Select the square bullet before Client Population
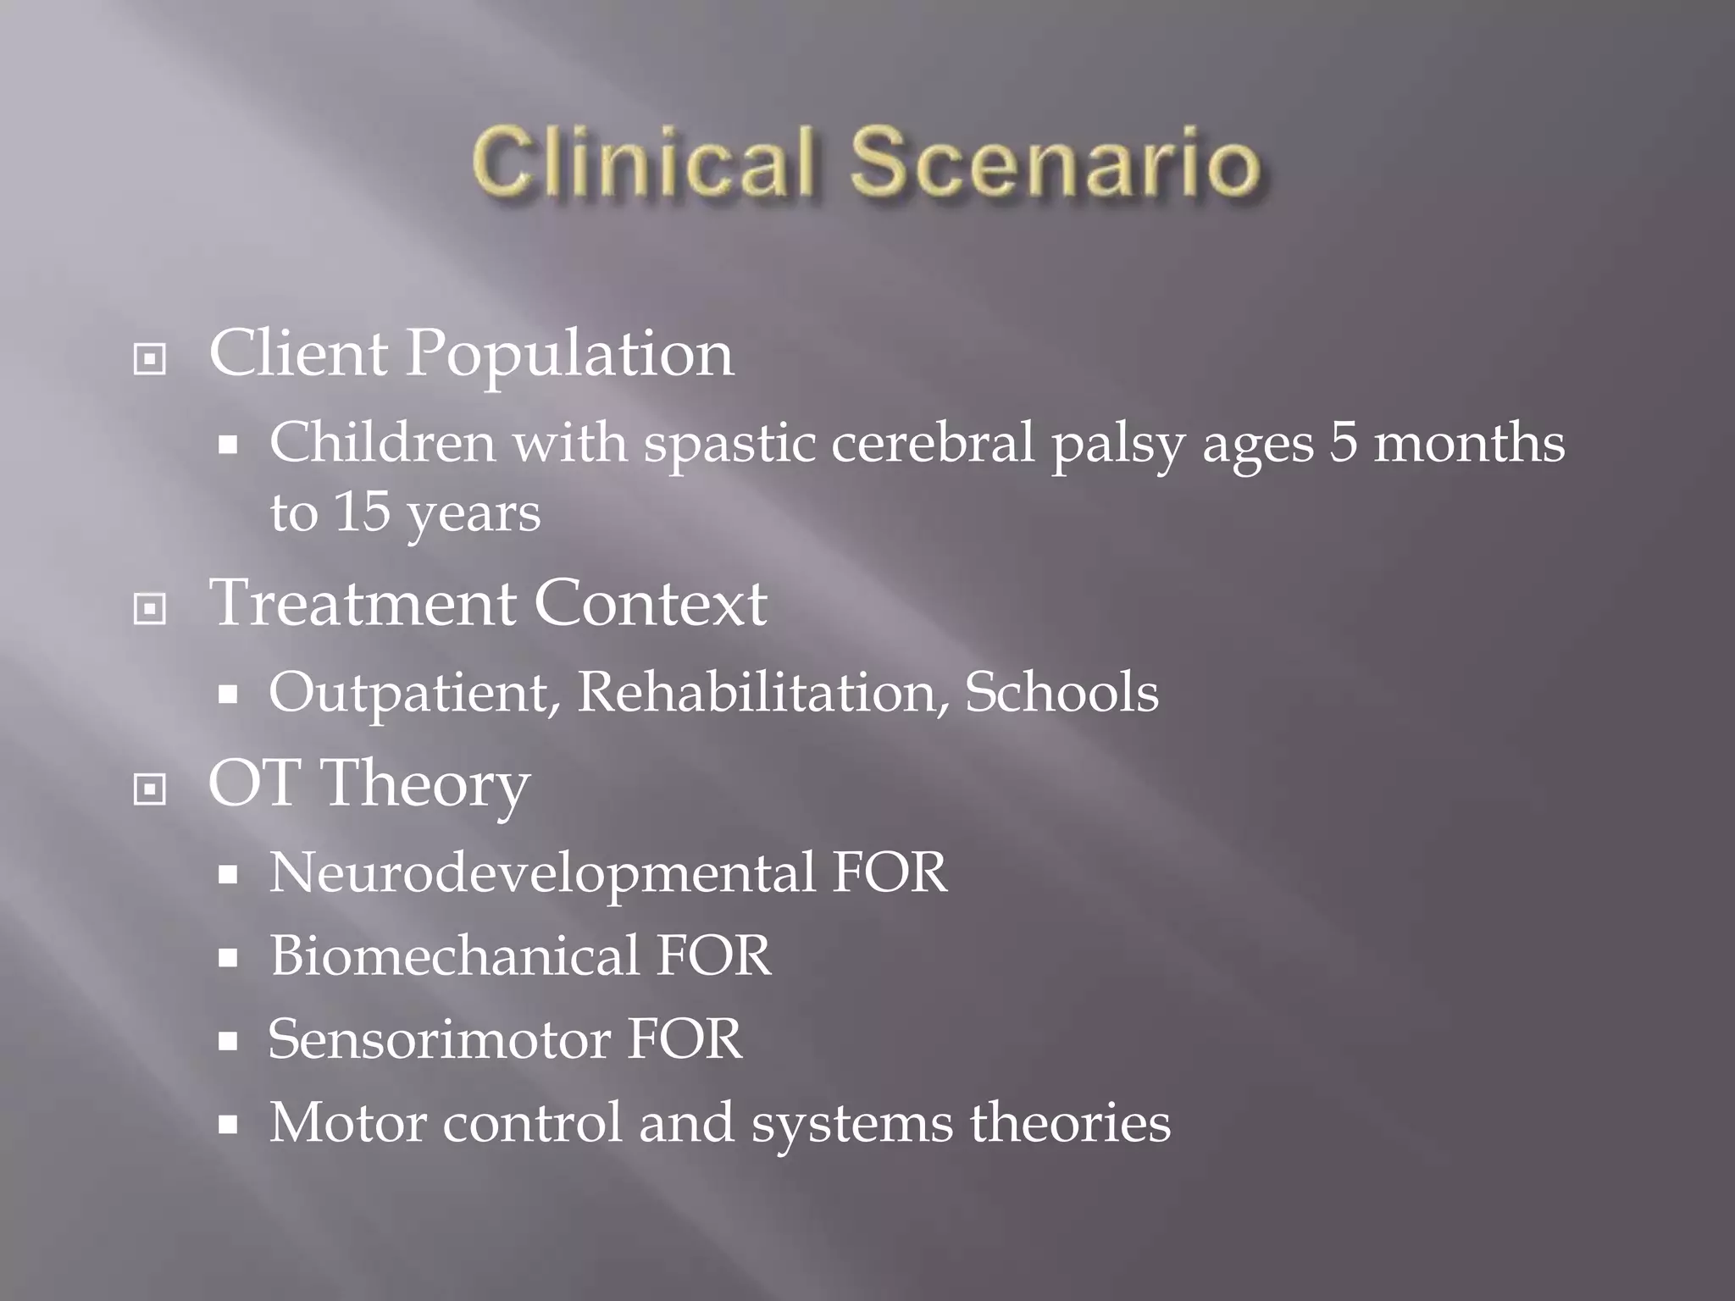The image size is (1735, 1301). (x=150, y=359)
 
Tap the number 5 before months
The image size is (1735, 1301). (x=1343, y=443)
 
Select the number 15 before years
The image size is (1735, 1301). (x=362, y=512)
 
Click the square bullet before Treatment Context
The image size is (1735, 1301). (x=150, y=608)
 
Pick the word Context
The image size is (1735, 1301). (x=650, y=604)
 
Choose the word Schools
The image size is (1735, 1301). (x=1062, y=693)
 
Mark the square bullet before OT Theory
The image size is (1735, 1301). (x=150, y=789)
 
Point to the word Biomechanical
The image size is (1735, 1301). (x=454, y=956)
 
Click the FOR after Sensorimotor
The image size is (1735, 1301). (x=685, y=1039)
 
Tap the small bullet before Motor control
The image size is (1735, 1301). (x=227, y=1126)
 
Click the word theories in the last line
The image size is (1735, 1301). (x=1070, y=1122)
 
